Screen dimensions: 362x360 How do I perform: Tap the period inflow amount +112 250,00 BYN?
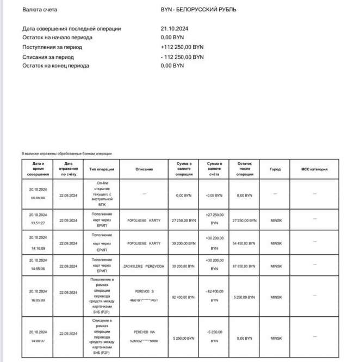coord(182,47)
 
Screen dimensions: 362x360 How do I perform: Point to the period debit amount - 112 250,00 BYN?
coord(182,57)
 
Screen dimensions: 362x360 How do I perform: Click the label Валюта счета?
coord(39,10)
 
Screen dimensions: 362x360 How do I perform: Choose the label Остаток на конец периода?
coord(57,66)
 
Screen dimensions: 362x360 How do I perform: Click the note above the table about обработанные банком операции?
coord(66,154)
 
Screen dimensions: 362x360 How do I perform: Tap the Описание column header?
coord(144,169)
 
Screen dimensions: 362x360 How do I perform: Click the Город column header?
coord(275,169)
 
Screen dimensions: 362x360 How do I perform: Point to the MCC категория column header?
coord(315,169)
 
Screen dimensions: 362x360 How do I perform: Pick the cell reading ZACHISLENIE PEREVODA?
coord(144,266)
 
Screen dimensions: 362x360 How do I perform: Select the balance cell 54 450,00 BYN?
coord(244,243)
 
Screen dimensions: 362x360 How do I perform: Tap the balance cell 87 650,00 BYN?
coord(244,266)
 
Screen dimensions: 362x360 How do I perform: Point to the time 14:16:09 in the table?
coord(38,247)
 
